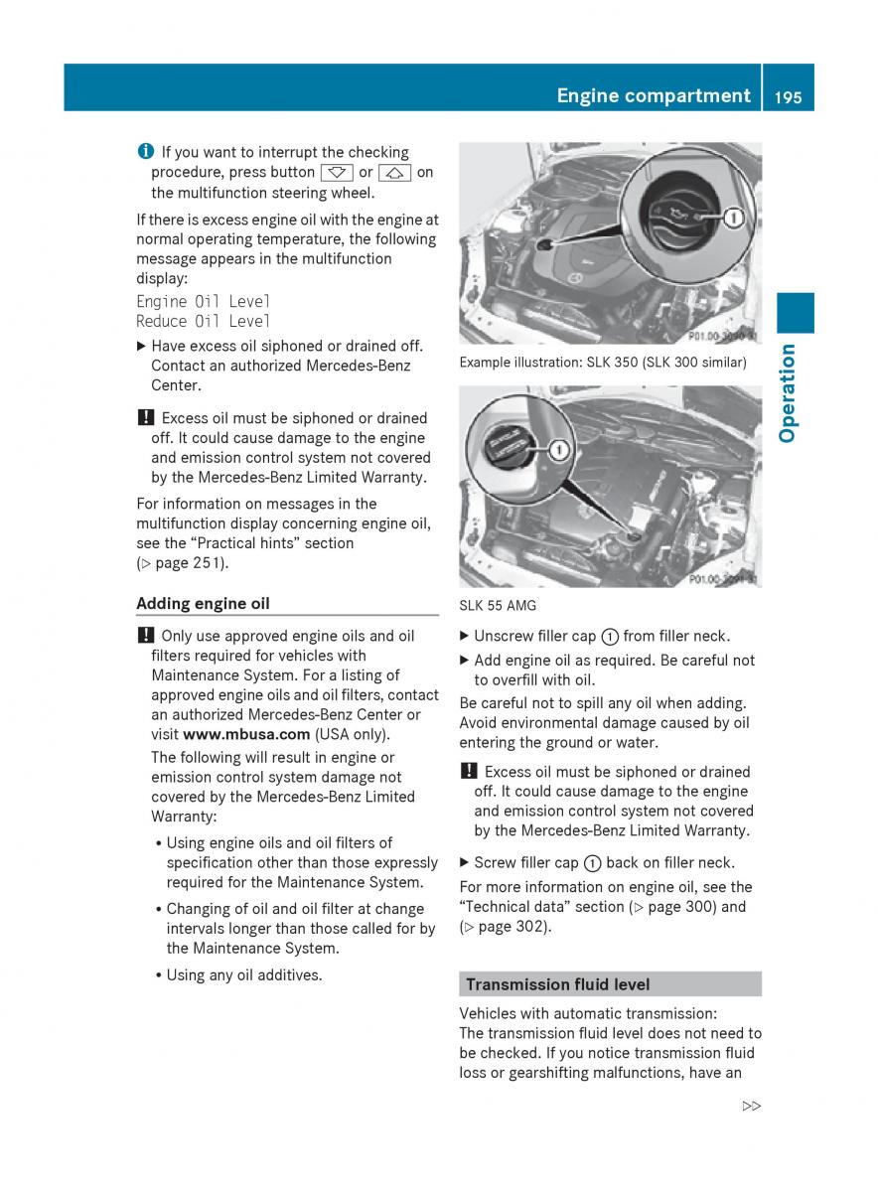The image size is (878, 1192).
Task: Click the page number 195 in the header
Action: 790,96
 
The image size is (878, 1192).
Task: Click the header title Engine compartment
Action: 653,95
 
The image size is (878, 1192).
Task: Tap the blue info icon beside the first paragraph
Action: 146,152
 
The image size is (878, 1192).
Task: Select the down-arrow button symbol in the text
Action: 338,173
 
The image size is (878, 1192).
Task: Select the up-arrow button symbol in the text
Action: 394,173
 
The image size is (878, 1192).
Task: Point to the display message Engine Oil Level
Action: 203,301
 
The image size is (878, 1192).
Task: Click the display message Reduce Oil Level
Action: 203,321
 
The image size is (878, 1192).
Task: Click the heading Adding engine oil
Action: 203,603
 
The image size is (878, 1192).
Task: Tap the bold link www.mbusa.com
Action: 247,735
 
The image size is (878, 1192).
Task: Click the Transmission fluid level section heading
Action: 557,984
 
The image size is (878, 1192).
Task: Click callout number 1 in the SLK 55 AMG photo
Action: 558,450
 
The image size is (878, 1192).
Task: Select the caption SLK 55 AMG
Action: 499,604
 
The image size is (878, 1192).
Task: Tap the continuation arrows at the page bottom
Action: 751,1106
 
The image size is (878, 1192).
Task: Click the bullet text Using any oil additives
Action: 244,975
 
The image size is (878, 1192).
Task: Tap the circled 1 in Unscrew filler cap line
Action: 612,637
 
